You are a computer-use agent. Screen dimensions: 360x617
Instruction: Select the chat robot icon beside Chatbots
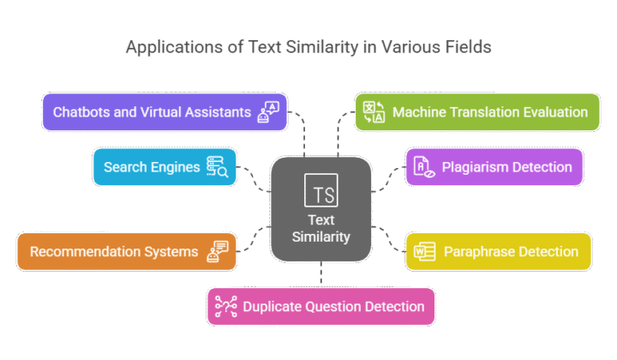(267, 113)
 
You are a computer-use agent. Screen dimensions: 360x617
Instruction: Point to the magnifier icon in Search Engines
(217, 167)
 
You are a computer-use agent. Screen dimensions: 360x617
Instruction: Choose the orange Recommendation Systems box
(126, 251)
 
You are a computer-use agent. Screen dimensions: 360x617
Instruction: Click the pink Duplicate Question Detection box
(320, 306)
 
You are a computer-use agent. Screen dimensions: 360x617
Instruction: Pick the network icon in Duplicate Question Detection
(227, 306)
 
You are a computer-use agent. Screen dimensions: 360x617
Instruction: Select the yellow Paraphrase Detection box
(498, 251)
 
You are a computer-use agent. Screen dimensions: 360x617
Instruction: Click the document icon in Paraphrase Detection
(424, 251)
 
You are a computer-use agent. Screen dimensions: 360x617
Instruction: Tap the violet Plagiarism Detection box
(494, 166)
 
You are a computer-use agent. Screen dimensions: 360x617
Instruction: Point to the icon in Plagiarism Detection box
(424, 167)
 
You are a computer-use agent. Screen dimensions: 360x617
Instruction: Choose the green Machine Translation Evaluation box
(477, 112)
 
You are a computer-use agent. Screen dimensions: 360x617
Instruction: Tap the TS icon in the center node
(320, 191)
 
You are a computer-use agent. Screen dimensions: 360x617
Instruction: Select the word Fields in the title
(467, 47)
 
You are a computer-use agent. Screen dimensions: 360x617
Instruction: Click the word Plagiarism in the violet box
(473, 166)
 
